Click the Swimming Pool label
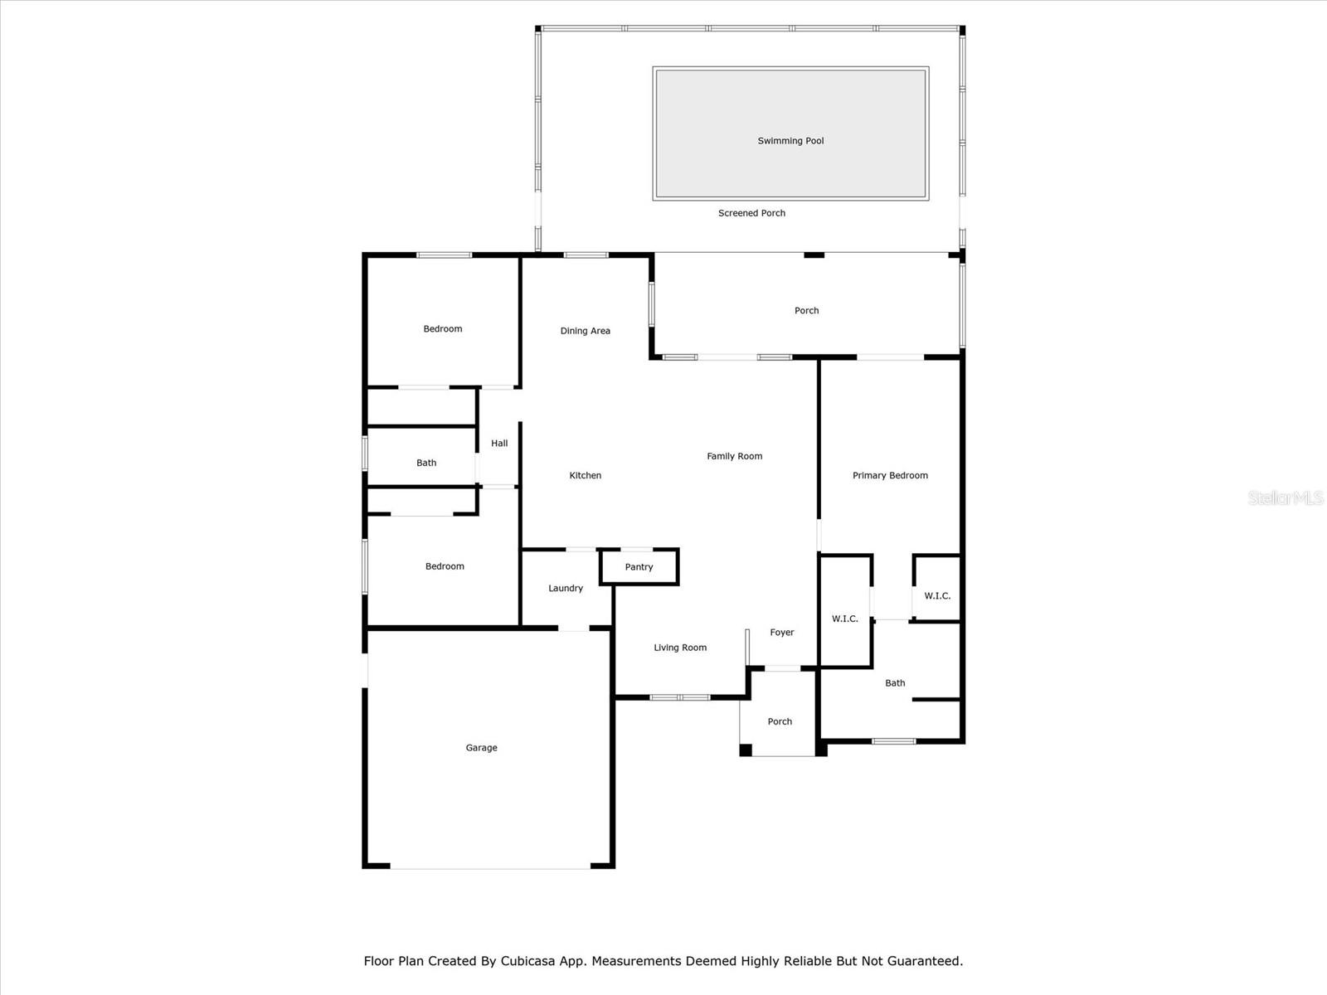tap(790, 141)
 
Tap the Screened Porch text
tap(751, 213)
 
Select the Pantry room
tap(639, 567)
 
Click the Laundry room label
tap(566, 588)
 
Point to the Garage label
tap(481, 748)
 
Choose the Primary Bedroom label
tap(890, 475)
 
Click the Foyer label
tap(781, 632)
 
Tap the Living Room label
tap(680, 648)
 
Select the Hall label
tap(499, 443)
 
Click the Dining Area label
tap(585, 331)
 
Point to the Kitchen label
tap(585, 475)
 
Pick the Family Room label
tap(734, 456)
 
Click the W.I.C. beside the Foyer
tap(844, 619)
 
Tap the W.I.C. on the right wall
tap(937, 595)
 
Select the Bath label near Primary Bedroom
tap(895, 683)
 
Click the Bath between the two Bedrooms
tap(426, 463)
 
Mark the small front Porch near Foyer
tap(780, 721)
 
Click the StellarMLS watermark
tap(1285, 498)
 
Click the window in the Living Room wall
tap(680, 697)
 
